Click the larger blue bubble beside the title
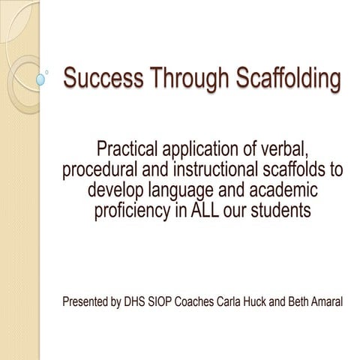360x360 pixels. point(41,78)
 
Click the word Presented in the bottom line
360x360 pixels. point(85,304)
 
